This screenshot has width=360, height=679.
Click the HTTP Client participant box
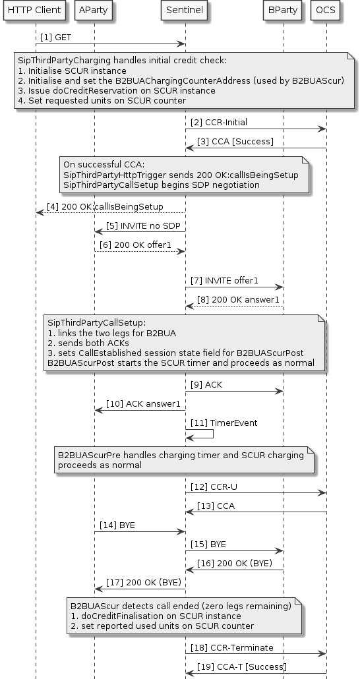(36, 11)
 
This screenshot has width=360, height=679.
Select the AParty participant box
(94, 11)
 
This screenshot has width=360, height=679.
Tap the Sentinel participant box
(185, 11)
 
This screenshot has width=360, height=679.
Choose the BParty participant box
(283, 11)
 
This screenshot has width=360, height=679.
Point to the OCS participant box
(326, 11)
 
